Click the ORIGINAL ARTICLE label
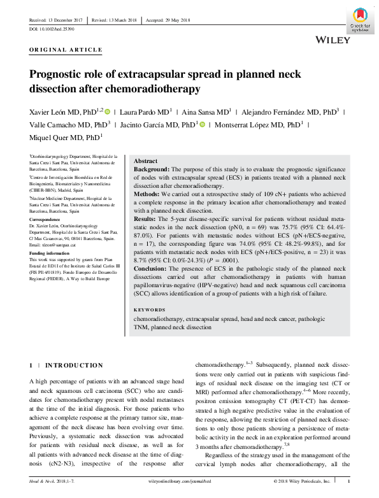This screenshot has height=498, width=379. click(x=66, y=50)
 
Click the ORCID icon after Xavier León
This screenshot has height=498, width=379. click(x=108, y=111)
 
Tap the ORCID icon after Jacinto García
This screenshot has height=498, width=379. click(x=202, y=124)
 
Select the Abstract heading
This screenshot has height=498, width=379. click(x=147, y=162)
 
